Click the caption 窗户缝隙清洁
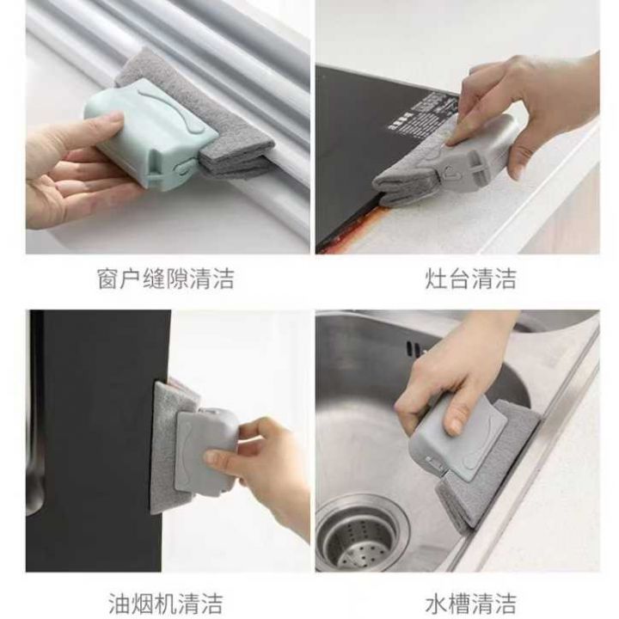(x=166, y=279)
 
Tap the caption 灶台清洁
(x=471, y=279)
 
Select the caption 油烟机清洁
(x=166, y=604)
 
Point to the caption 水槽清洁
(x=471, y=604)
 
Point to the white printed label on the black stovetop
(x=422, y=112)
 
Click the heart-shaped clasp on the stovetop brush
(x=448, y=172)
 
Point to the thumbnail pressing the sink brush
(x=455, y=426)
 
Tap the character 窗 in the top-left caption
(x=108, y=279)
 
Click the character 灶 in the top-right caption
(x=436, y=279)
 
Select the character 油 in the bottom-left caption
(x=120, y=604)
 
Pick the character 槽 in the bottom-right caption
(x=459, y=604)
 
